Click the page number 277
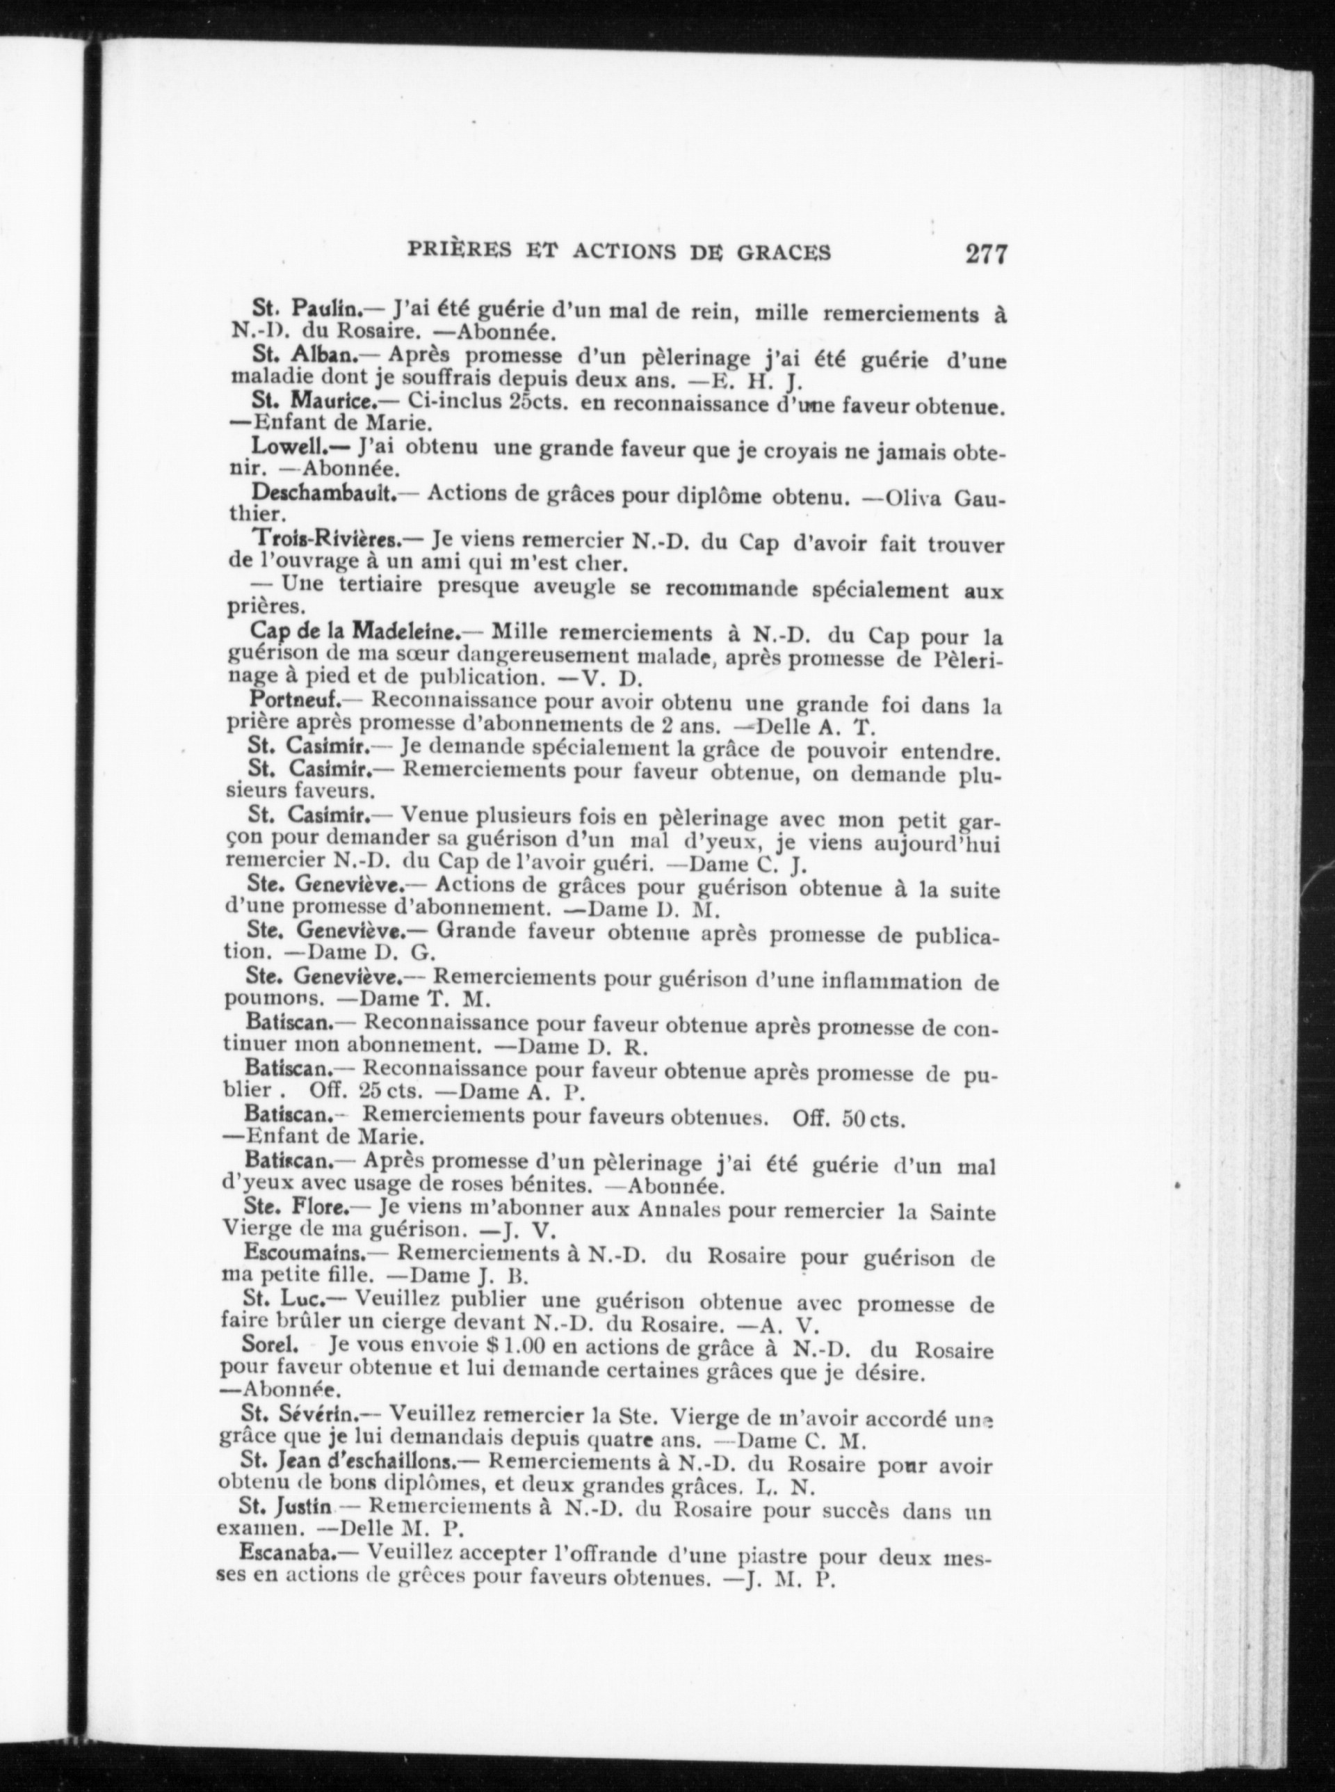point(985,254)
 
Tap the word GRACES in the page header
point(783,253)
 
